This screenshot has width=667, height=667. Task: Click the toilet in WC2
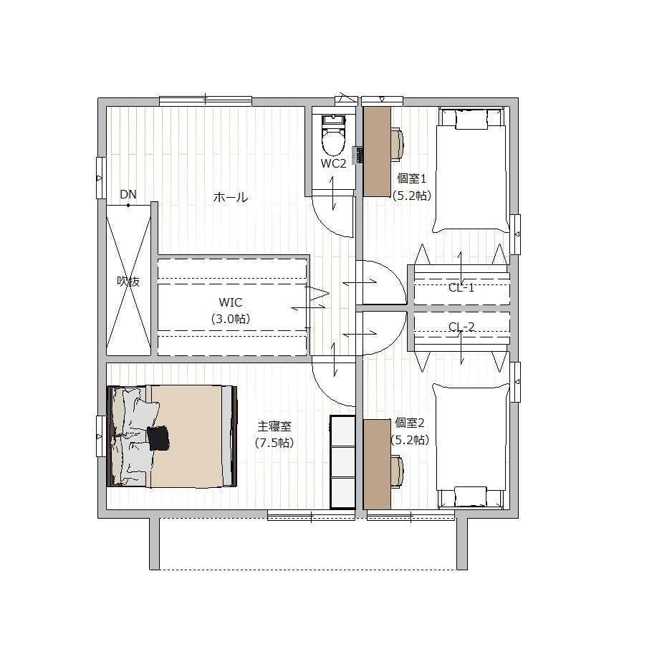coord(332,135)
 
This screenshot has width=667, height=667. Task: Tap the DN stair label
coord(128,194)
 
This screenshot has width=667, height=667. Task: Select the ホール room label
coord(230,197)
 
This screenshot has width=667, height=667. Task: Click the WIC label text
coord(230,302)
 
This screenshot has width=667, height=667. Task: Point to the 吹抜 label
coord(128,281)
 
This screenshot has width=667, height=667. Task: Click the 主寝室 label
coord(274,426)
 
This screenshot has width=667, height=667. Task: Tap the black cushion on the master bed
coord(158,438)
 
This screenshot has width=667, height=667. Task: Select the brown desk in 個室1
coord(377,151)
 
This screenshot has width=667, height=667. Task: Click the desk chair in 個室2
coord(397,471)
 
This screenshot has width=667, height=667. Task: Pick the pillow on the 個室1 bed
coord(471,120)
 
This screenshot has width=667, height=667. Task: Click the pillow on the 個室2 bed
coord(471,496)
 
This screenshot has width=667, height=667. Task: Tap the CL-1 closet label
coord(461,287)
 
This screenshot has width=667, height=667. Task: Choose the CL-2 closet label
coord(461,327)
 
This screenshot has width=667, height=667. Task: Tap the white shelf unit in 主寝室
coord(342,462)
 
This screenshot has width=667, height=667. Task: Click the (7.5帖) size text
coord(274,443)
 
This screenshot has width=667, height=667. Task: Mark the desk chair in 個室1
coord(397,145)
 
